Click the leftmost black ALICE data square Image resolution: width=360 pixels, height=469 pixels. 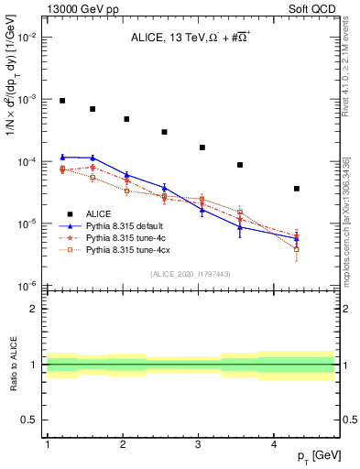(x=62, y=101)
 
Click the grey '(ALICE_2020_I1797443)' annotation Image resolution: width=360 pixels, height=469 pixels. (x=190, y=275)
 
